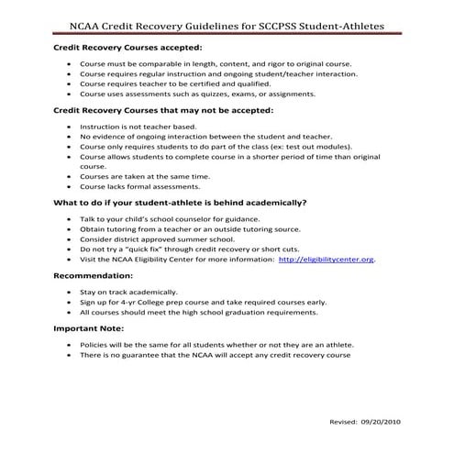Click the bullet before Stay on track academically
click(x=71, y=291)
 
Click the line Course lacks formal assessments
click(x=139, y=186)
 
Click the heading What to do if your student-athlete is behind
click(x=179, y=203)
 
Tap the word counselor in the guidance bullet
click(x=185, y=218)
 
